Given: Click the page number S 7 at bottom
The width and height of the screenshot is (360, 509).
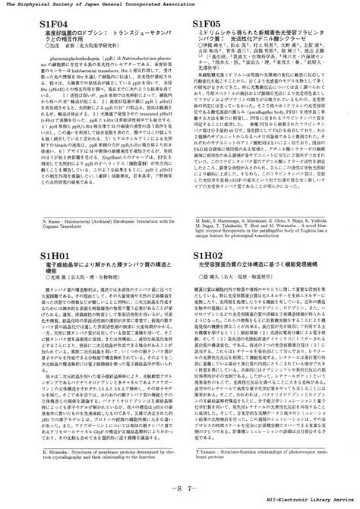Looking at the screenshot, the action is (180, 486).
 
